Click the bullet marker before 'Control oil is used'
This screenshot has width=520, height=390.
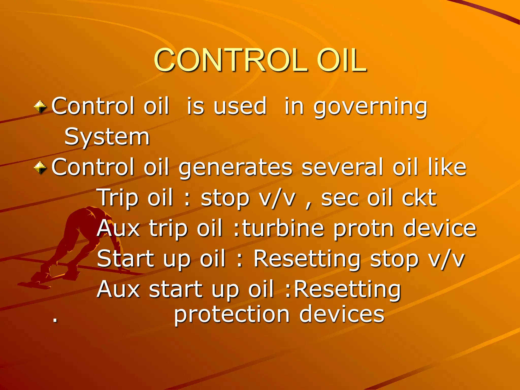pyautogui.click(x=40, y=107)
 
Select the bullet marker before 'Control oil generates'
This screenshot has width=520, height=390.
pyautogui.click(x=40, y=168)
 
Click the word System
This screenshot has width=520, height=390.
pyautogui.click(x=107, y=137)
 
